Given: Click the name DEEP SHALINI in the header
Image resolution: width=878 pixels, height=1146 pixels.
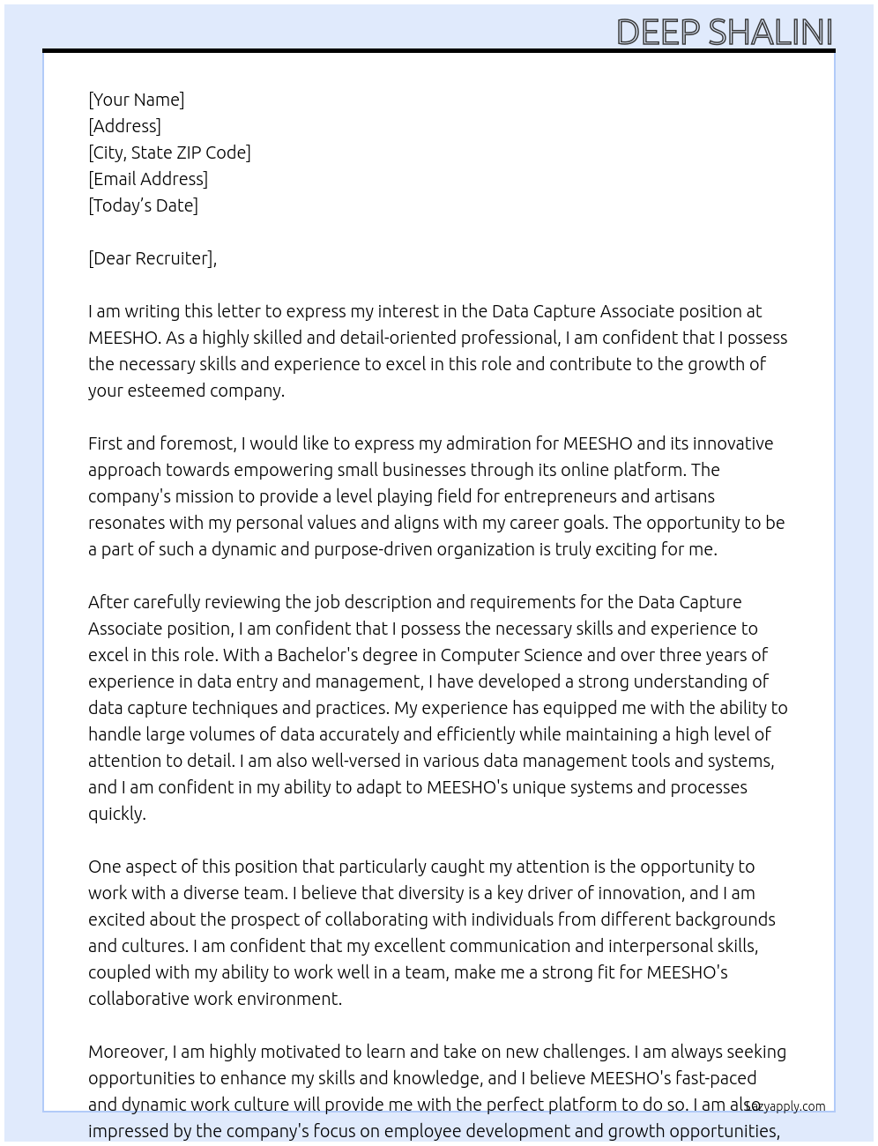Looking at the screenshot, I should tap(724, 32).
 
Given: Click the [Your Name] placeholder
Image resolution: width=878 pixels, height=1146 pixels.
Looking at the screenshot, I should tap(137, 100).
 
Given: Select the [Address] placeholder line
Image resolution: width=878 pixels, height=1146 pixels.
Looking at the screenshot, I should tap(124, 126).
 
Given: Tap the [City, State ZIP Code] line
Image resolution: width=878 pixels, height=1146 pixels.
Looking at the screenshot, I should tap(169, 153).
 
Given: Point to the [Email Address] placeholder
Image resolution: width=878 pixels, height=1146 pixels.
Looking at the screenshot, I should tap(148, 179).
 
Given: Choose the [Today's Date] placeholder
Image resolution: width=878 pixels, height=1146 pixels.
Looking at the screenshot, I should tap(143, 205).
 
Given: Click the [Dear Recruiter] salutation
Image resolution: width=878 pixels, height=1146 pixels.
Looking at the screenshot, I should tap(152, 258).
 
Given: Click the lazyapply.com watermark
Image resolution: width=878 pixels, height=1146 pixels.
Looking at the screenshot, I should tap(785, 1106).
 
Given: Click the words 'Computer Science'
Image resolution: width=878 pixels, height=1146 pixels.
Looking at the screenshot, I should tap(511, 655).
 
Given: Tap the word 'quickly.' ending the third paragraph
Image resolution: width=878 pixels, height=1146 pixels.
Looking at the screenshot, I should tap(116, 814).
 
